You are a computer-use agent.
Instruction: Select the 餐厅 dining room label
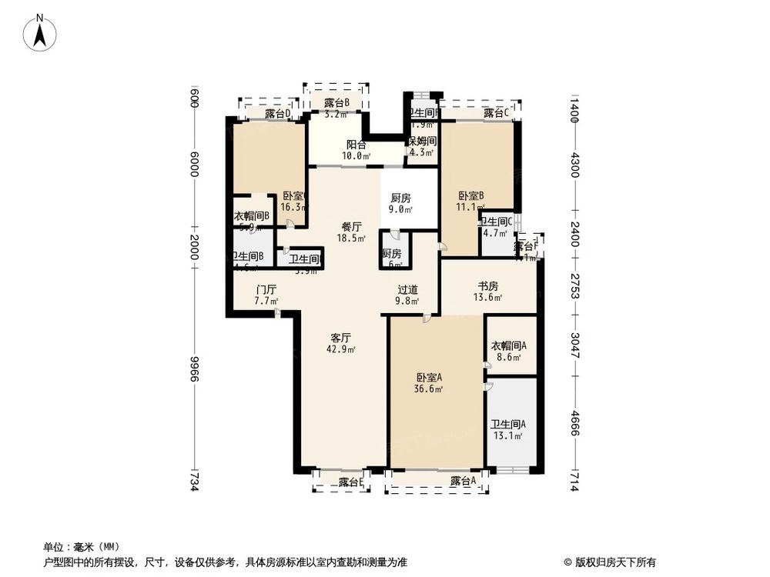coord(351,227)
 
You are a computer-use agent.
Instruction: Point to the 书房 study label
coord(487,285)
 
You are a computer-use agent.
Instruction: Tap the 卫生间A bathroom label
coord(508,424)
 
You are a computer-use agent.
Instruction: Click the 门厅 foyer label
coord(266,290)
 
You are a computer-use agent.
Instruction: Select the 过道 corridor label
coord(408,290)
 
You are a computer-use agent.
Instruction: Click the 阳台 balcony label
coord(356,143)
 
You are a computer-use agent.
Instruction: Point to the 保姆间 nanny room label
coord(422,141)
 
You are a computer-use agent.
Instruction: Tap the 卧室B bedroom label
coord(470,195)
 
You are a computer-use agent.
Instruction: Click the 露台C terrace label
coord(497,113)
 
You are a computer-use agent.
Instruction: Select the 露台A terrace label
coord(464,481)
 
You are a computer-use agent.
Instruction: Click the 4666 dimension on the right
coord(574,422)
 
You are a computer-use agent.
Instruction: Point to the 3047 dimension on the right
coord(574,340)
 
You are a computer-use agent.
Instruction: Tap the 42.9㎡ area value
coord(341,349)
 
